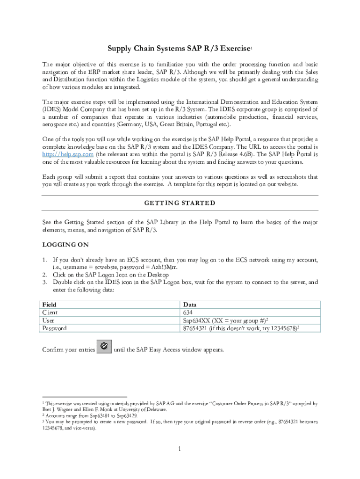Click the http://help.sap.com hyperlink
tap(68, 154)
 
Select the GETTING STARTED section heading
tap(180, 203)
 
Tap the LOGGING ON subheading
tap(65, 245)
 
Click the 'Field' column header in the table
tap(49, 305)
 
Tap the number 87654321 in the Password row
tap(198, 328)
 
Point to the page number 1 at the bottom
tap(179, 450)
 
